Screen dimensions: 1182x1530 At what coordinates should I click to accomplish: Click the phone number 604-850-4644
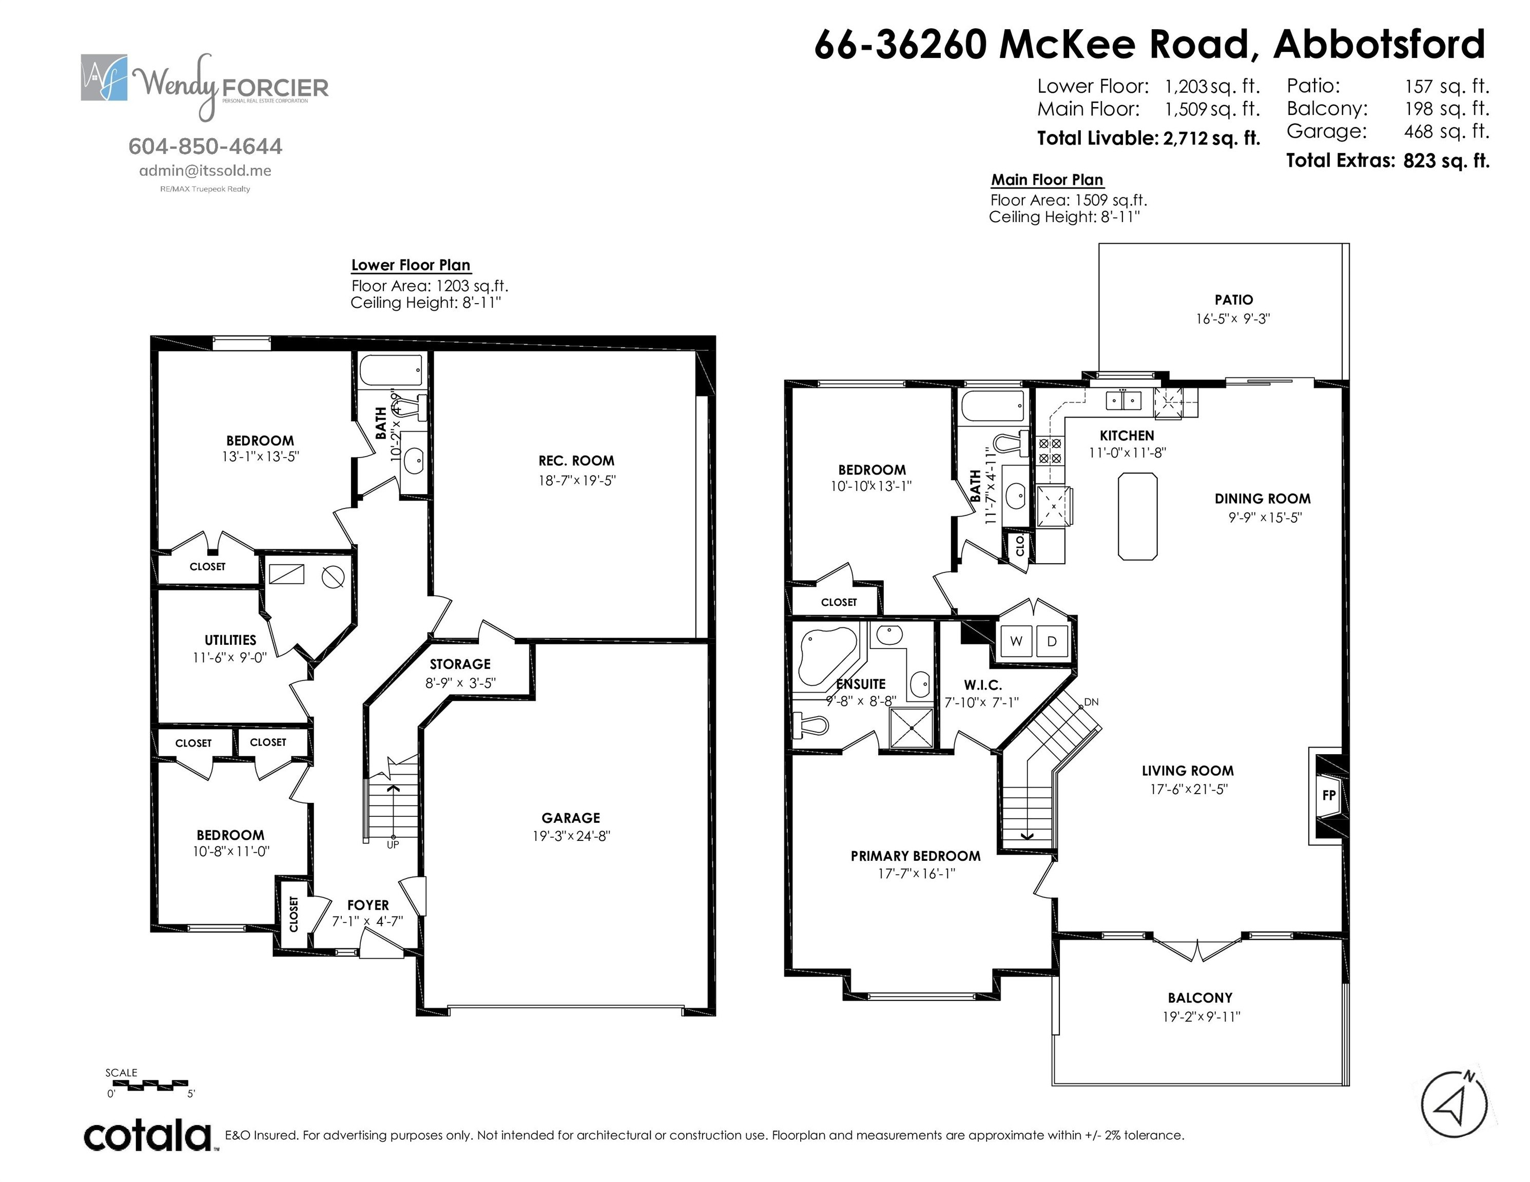[205, 146]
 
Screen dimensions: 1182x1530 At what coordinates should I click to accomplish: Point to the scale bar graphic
[150, 1086]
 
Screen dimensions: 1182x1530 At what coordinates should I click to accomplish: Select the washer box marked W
[1016, 641]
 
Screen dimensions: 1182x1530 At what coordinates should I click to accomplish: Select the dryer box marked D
[1052, 641]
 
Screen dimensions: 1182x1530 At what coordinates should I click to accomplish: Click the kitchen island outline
[1137, 516]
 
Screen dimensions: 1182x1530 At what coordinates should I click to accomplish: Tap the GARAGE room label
[570, 817]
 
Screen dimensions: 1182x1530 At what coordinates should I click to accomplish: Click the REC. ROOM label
[576, 461]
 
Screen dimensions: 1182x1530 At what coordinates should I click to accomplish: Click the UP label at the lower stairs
[393, 844]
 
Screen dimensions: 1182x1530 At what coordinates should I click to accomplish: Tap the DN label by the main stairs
[1091, 702]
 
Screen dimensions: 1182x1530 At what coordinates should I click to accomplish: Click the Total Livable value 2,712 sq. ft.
[1211, 138]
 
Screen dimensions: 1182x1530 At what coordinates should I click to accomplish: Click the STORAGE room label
[459, 664]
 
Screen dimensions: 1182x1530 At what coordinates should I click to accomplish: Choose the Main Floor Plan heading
[1047, 180]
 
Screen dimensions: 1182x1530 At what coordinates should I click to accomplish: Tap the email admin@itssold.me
[205, 170]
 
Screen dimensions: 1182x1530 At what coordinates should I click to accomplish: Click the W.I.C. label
[982, 685]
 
